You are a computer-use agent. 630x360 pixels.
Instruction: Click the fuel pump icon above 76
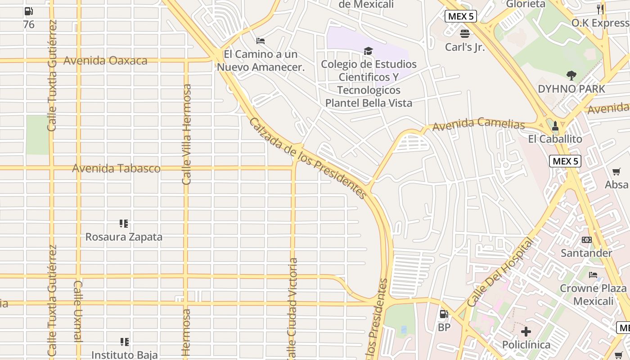28,11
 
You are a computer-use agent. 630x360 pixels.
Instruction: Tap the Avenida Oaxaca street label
105,61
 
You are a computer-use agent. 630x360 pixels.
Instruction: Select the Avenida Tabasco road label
116,169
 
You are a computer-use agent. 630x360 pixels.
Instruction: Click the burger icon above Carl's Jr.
465,34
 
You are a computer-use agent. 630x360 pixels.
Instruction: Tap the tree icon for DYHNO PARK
571,76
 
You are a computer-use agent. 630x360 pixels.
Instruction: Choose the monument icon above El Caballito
555,126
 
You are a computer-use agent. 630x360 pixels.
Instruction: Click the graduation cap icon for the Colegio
369,51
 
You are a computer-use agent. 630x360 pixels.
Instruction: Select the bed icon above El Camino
261,41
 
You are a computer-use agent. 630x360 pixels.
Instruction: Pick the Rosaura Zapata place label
124,237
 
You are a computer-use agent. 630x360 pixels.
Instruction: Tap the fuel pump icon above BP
444,314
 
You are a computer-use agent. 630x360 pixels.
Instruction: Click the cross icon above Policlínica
526,332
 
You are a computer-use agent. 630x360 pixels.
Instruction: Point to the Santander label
586,253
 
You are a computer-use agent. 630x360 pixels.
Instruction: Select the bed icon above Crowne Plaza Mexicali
593,274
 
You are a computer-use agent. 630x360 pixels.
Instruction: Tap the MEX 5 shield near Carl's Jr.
461,17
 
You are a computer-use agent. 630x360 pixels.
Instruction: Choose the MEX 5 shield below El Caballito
565,161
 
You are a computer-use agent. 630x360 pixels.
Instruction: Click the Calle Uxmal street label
78,311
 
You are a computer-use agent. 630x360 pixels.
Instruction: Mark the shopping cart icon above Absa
616,171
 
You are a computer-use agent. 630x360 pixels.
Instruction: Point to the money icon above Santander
586,240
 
